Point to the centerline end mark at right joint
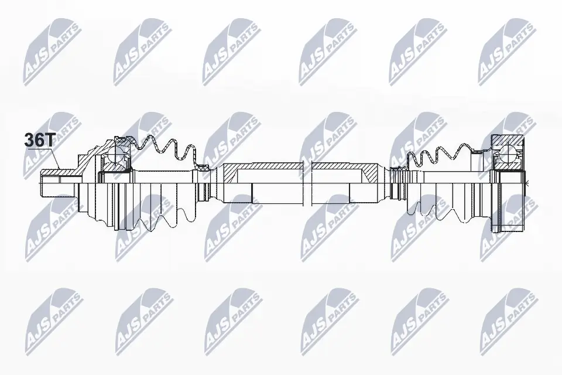click(526, 183)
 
